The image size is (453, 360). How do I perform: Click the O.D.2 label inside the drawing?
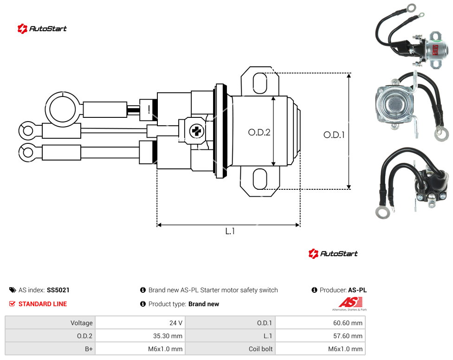click(259, 132)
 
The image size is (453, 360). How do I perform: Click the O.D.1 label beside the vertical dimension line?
click(334, 135)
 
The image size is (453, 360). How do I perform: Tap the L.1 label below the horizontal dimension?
click(230, 231)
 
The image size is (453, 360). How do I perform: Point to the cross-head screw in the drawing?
click(197, 131)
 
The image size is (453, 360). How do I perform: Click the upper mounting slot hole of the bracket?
click(260, 83)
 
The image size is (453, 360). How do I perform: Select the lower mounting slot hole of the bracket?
click(260, 179)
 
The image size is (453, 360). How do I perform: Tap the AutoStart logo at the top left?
click(42, 29)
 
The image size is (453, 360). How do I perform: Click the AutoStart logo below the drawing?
click(333, 254)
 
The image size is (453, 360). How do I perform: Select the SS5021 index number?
click(58, 290)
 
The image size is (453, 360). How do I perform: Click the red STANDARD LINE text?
click(43, 304)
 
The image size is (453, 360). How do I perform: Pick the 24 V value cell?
click(140, 323)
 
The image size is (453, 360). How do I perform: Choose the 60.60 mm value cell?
click(320, 323)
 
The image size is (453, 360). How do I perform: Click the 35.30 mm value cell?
click(140, 336)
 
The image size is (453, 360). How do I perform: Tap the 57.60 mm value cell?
click(320, 336)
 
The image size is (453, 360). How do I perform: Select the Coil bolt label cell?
click(230, 349)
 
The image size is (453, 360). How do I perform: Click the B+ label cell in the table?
click(50, 349)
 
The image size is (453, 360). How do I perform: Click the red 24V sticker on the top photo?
click(435, 50)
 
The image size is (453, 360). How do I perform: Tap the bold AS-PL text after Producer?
click(357, 290)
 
